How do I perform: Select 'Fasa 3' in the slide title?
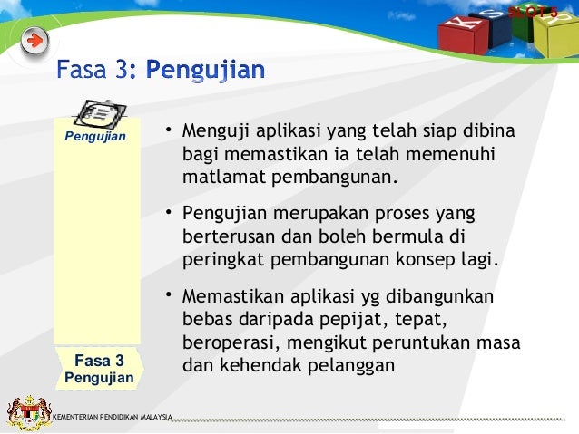pos(93,70)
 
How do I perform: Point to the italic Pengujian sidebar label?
pos(94,138)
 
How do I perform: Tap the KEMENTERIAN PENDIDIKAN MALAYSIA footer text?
pos(113,417)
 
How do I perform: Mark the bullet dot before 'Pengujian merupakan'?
pos(168,216)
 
